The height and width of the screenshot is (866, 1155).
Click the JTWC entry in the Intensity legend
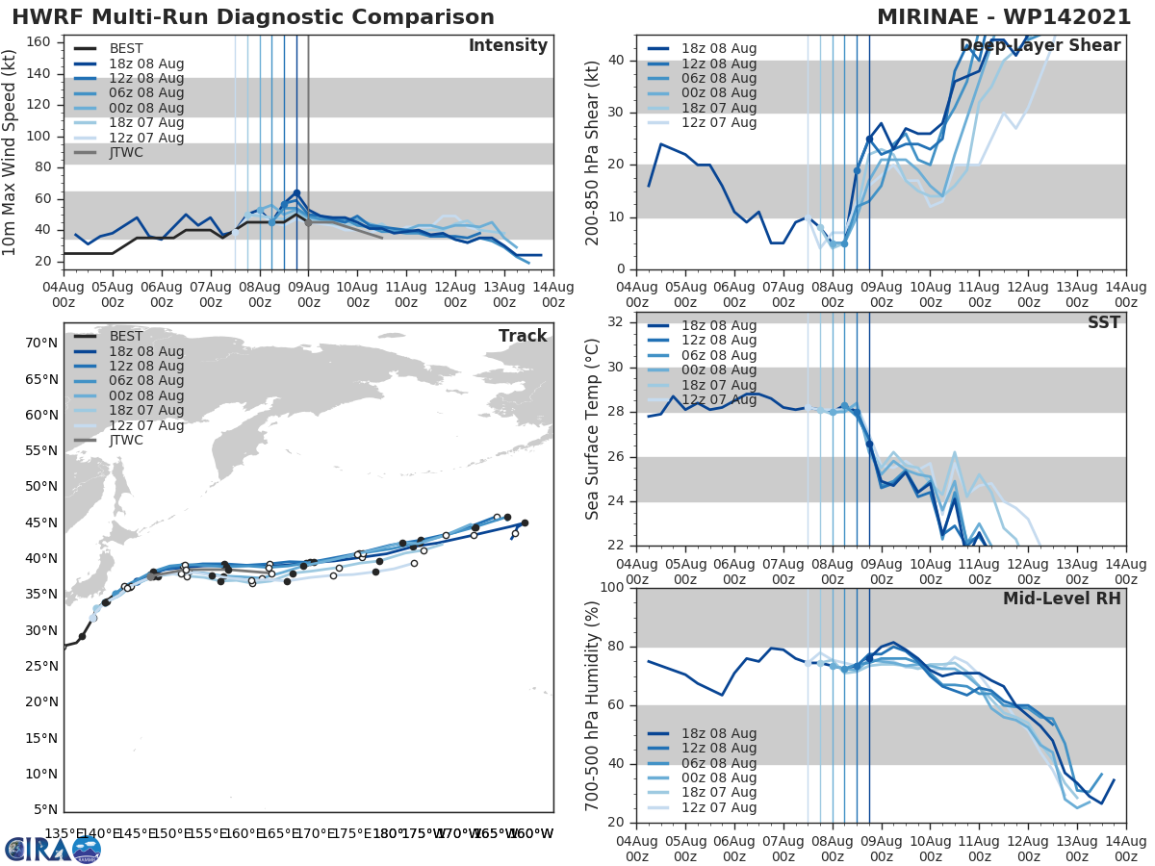point(125,153)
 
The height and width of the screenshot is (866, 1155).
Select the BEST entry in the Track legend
point(125,336)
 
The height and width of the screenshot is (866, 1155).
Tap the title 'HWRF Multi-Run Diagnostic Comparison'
point(253,17)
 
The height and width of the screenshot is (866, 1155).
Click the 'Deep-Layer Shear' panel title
point(1040,46)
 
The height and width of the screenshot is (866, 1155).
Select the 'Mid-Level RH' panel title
point(1062,599)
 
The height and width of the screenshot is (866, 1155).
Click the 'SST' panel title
point(1104,322)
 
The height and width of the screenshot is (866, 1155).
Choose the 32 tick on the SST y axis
point(615,322)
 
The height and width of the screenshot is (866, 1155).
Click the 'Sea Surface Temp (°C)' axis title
point(593,429)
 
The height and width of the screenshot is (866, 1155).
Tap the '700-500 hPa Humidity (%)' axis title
point(593,705)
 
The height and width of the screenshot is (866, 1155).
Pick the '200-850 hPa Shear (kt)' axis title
point(593,152)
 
